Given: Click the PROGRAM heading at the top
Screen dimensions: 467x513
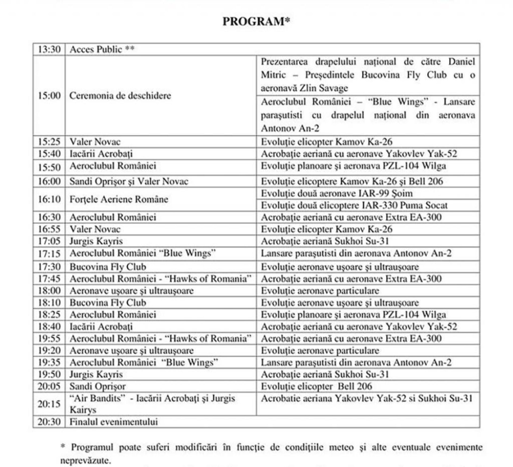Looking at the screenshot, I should (x=256, y=22).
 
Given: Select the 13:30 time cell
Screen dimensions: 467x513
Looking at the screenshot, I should (x=49, y=49).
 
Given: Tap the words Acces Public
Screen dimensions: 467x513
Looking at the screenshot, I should (x=96, y=49).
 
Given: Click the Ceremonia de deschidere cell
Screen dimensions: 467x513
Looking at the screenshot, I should (x=120, y=96).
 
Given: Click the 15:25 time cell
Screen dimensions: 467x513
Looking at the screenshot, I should (x=49, y=142).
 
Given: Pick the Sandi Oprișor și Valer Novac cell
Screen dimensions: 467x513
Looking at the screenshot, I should (x=129, y=182).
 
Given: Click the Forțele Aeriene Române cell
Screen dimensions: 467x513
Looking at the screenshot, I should (x=119, y=199).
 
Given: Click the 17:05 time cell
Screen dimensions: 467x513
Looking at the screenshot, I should (x=49, y=241).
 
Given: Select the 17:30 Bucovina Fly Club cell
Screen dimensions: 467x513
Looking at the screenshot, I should (x=108, y=267).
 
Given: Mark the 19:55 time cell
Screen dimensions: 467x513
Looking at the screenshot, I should (x=49, y=339).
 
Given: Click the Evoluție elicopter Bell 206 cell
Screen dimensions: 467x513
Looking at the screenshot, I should (x=316, y=386).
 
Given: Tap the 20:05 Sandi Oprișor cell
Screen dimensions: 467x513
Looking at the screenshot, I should (x=98, y=386).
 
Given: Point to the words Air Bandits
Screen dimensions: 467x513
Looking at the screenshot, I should (x=98, y=398).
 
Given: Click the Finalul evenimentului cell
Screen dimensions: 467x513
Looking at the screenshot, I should (x=114, y=422).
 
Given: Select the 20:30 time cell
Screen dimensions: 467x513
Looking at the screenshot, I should (x=49, y=422).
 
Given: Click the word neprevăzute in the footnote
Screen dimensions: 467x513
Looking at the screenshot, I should (x=85, y=461).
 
